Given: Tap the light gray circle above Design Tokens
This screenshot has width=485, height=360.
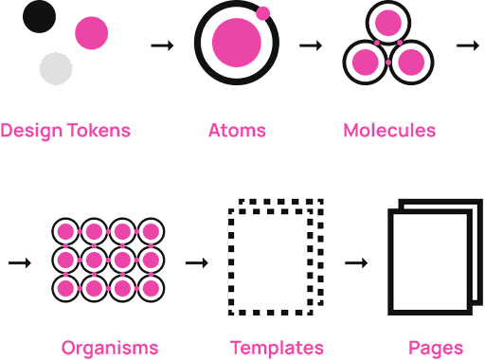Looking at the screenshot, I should (x=56, y=69).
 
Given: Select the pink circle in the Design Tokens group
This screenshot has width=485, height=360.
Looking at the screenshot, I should (x=92, y=34).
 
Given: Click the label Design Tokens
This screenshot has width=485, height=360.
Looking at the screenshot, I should (x=65, y=131).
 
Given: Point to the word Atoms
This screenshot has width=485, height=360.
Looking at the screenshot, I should (x=237, y=131).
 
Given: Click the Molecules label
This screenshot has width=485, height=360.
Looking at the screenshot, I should (x=389, y=131).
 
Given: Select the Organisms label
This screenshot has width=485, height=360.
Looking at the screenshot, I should (x=110, y=348).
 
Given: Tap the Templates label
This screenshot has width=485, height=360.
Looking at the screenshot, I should (x=277, y=348).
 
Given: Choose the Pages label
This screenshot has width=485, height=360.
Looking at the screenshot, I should (x=436, y=348).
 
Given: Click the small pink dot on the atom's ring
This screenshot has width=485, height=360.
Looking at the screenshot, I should (x=263, y=13).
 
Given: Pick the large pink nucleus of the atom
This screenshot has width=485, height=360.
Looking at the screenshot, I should (x=235, y=41).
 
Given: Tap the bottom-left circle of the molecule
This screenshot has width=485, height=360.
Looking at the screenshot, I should (x=366, y=62).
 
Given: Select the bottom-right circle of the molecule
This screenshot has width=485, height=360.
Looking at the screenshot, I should (x=410, y=62).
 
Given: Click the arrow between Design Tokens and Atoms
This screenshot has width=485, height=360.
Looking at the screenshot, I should (x=163, y=45).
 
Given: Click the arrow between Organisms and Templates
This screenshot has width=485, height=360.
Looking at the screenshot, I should (x=196, y=262).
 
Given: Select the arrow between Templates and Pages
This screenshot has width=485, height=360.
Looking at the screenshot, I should (x=356, y=262).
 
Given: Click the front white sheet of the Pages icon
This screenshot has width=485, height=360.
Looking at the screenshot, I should (x=429, y=264).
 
